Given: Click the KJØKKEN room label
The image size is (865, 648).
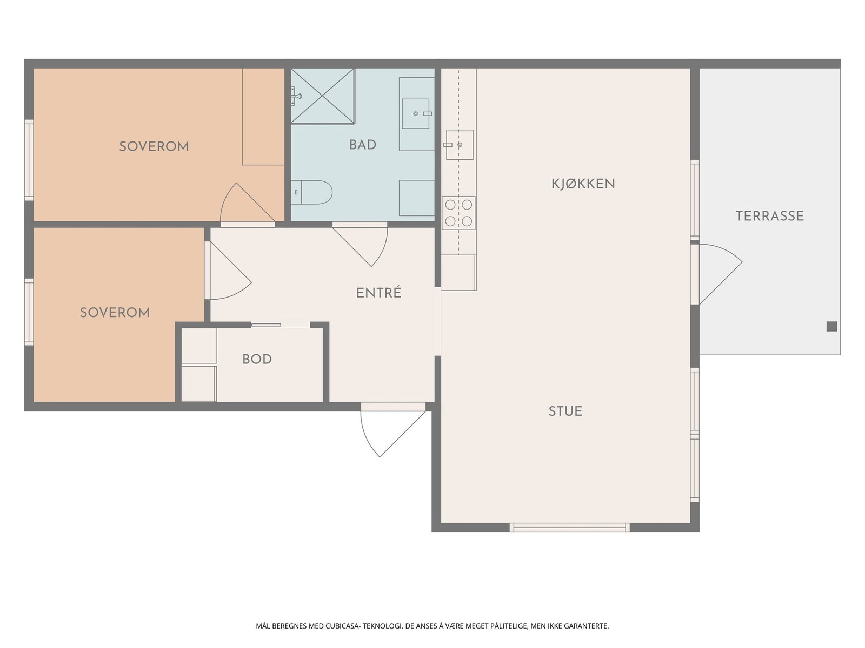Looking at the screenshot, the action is (583, 184).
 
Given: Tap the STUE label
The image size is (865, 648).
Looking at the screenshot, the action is (565, 411).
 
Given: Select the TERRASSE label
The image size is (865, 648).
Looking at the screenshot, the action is (770, 215).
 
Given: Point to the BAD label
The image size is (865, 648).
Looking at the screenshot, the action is (363, 145).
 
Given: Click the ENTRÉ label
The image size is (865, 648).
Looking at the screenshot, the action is (379, 293).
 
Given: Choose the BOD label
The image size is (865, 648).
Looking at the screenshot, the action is (257, 359).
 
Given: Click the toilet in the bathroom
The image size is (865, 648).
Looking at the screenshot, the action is (312, 192).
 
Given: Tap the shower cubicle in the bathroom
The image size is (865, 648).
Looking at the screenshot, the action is (323, 96).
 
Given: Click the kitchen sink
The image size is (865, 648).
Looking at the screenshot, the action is (460, 145).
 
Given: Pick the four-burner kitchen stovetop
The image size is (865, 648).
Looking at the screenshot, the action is (458, 213).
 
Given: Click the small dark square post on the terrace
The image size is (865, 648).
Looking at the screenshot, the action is (832, 326).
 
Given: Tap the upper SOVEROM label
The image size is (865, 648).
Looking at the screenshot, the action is (154, 147).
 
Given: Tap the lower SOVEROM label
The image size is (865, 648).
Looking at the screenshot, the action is (115, 313).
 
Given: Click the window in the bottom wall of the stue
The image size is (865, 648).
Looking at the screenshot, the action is (569, 528).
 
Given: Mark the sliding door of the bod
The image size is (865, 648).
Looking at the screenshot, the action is (281, 325).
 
